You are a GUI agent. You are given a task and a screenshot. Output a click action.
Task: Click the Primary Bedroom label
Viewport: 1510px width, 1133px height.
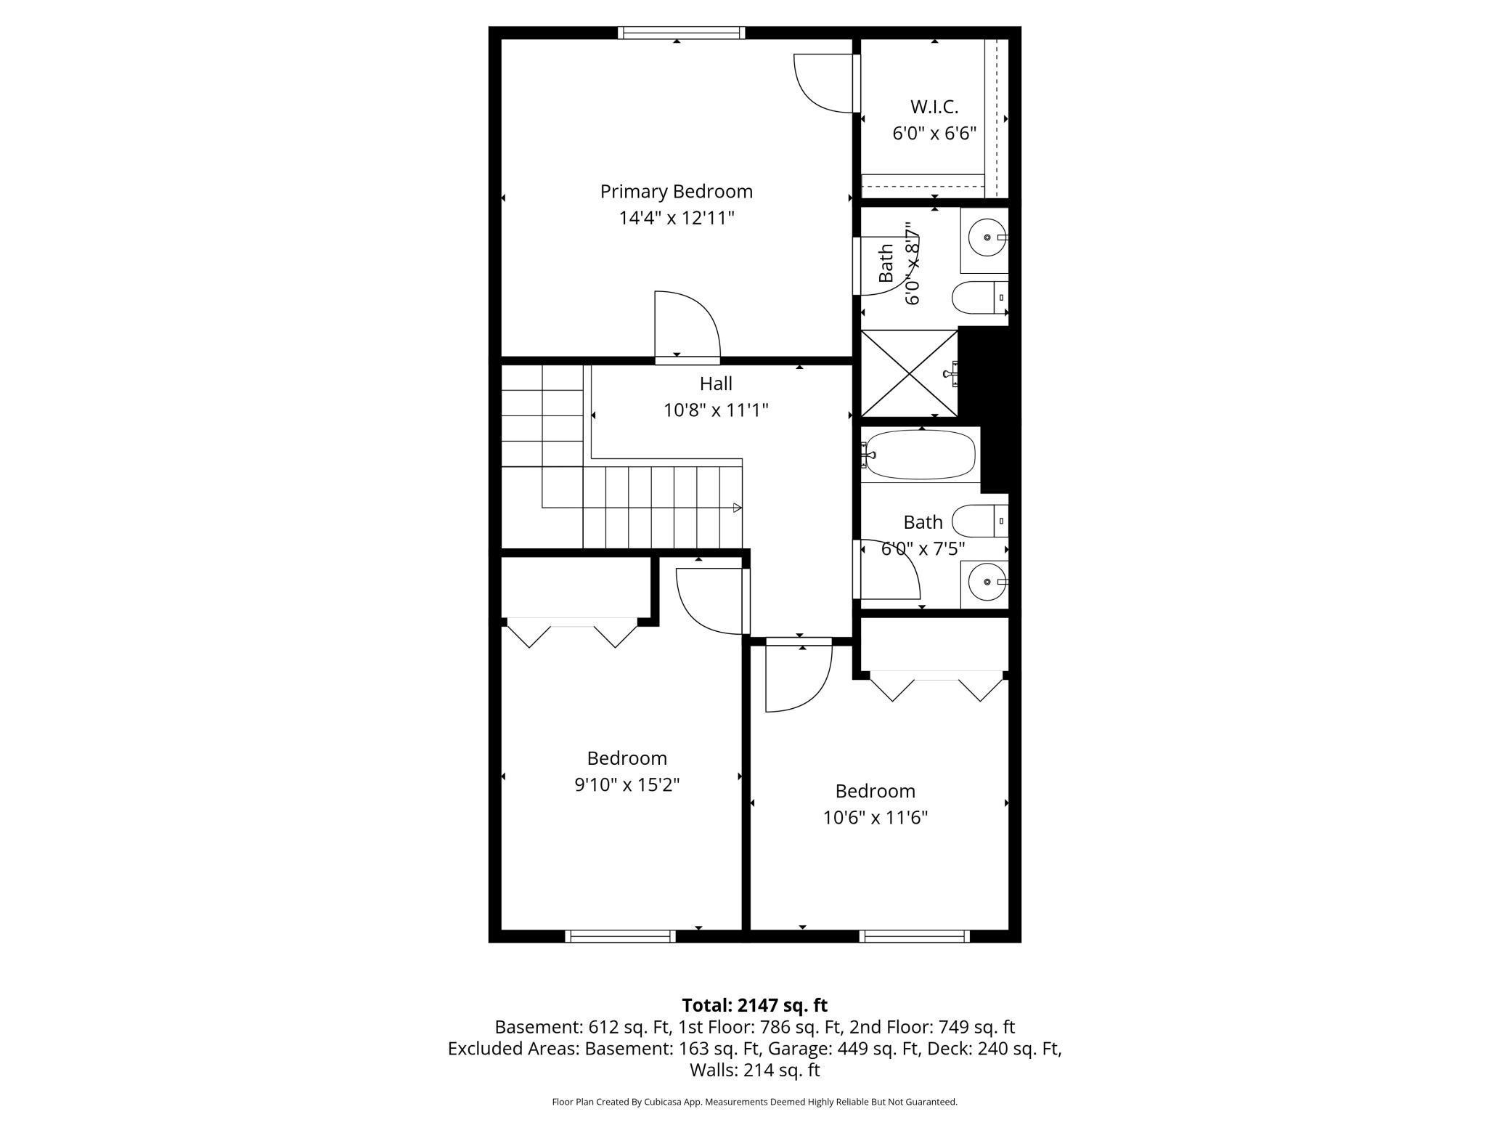pos(676,192)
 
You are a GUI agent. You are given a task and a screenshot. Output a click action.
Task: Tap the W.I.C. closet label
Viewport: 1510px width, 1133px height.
pos(934,107)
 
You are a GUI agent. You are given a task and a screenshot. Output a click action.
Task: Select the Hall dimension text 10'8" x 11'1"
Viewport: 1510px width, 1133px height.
pos(716,410)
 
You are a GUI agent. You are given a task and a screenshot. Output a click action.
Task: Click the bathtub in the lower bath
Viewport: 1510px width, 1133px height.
pos(920,455)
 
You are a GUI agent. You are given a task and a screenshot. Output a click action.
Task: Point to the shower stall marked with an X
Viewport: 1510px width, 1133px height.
pos(909,373)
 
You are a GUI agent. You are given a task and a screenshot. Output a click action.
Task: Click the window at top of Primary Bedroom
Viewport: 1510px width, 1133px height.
pos(681,33)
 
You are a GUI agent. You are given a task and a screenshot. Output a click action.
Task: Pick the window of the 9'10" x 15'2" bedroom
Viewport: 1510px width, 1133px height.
pos(620,936)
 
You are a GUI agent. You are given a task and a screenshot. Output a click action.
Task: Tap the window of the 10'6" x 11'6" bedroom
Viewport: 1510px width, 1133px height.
pos(914,936)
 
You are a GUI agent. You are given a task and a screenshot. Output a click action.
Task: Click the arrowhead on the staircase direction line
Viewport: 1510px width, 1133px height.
pos(737,508)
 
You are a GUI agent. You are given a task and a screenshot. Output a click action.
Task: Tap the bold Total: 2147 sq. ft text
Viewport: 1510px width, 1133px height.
pos(754,1005)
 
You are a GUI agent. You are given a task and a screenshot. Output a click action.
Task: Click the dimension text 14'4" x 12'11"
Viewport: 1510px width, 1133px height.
pos(676,218)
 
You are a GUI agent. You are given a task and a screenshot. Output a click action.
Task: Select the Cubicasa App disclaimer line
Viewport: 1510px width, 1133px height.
pos(754,1102)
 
